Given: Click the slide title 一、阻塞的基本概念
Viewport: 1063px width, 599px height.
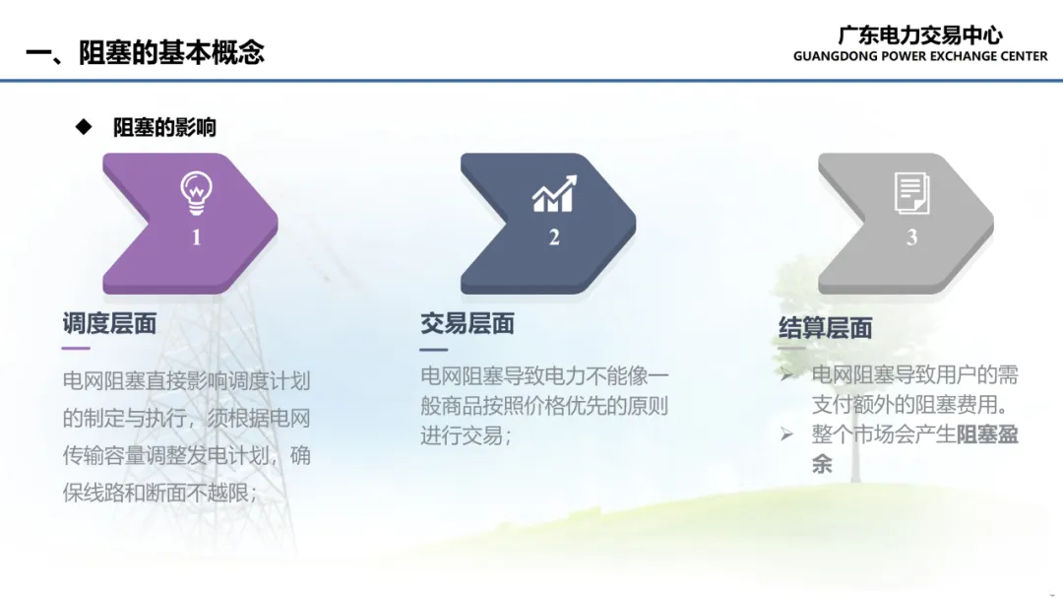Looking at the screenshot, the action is (x=145, y=52).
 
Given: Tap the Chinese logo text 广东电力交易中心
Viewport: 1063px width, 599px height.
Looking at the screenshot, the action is (x=920, y=35).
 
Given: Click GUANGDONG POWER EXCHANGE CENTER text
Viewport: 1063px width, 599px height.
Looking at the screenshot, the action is (x=920, y=56).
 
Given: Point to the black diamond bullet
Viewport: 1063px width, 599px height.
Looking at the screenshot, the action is (x=84, y=127).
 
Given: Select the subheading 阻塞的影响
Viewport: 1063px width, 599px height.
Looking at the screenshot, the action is (x=164, y=127).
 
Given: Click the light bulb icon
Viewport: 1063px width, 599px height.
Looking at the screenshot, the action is (x=197, y=193).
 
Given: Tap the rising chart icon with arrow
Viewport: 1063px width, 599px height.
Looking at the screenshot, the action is (x=554, y=193).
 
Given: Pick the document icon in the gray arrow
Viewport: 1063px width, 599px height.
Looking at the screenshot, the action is (x=911, y=193).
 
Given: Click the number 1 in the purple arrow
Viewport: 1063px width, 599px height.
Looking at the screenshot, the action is (x=197, y=236).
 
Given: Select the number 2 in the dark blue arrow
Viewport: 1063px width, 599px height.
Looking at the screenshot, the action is (x=554, y=236).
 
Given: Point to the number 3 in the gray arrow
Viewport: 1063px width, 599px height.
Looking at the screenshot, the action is (x=911, y=236).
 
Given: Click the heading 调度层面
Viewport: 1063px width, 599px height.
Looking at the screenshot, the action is (x=109, y=323).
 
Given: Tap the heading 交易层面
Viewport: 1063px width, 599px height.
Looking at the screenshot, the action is (x=468, y=323).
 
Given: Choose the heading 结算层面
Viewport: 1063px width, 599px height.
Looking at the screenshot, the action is (x=825, y=328).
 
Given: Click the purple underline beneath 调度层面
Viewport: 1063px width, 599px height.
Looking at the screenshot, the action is (x=75, y=348).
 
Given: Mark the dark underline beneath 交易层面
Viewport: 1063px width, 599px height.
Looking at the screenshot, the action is (x=433, y=350).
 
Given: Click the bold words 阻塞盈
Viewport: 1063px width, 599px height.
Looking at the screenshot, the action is (x=988, y=434).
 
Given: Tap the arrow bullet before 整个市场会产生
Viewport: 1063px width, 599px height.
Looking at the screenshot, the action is (x=786, y=434).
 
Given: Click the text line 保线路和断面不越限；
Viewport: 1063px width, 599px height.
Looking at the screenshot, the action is (x=160, y=493).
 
